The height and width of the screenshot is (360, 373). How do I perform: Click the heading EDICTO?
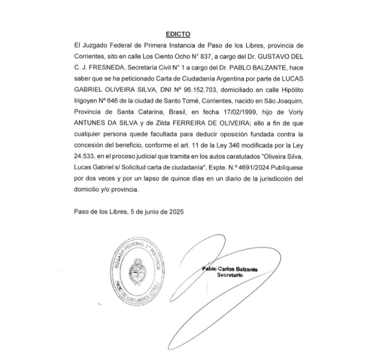click(x=178, y=34)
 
